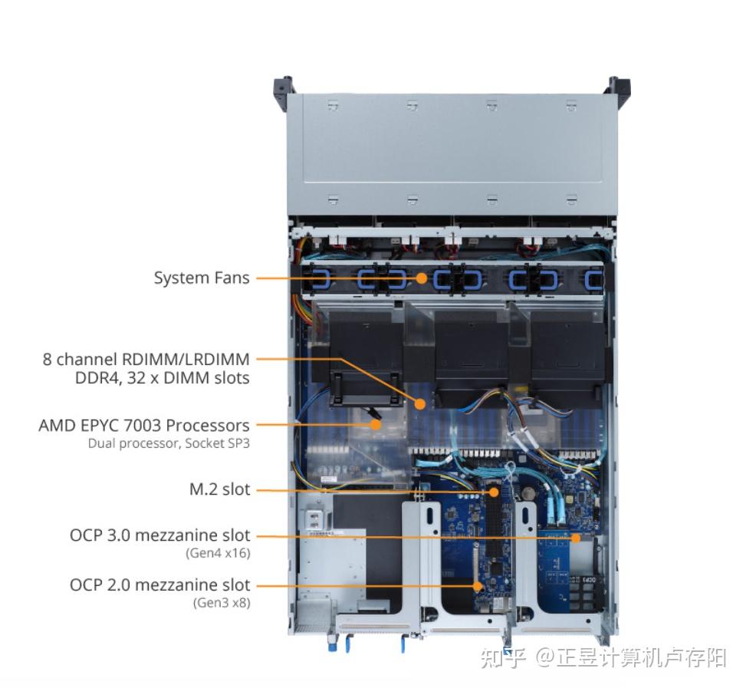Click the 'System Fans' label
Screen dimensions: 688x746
[202, 278]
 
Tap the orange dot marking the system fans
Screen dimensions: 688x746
[422, 278]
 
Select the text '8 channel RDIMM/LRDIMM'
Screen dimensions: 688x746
[146, 358]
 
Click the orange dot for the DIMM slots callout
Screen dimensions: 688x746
[420, 403]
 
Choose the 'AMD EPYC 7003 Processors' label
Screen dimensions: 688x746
[144, 425]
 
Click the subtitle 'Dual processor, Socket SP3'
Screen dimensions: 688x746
[169, 443]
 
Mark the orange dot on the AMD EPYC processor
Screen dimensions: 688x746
[376, 423]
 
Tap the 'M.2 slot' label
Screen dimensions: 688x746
[219, 489]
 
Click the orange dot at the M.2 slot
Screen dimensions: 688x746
[495, 490]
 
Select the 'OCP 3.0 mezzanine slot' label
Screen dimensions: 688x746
[159, 535]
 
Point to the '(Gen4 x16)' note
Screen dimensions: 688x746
[218, 553]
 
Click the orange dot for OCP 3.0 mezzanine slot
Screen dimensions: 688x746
[576, 537]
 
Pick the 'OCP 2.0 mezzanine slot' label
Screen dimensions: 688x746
[159, 585]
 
